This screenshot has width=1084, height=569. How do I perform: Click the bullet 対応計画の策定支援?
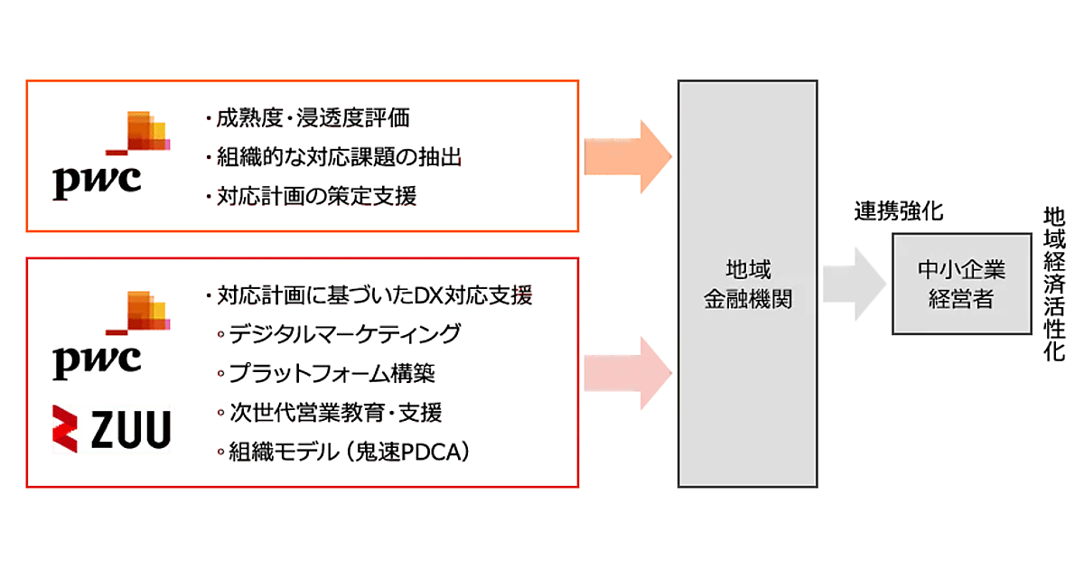pos(312,196)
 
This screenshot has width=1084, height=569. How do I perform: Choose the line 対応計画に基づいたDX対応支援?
pos(369,295)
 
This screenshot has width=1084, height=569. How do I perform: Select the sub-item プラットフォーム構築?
pos(332,373)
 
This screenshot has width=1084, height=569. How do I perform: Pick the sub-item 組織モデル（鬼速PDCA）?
pos(349,452)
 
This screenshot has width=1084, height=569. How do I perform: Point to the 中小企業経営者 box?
pos(961,284)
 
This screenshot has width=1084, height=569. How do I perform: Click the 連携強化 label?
pos(899,212)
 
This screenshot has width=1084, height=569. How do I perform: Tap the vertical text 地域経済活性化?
pos(1054,284)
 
